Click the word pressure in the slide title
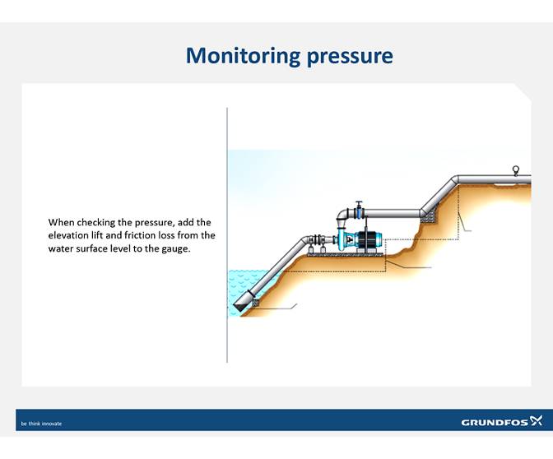point(350,57)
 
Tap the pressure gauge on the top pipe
point(516,170)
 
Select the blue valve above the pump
point(359,206)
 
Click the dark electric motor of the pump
point(368,239)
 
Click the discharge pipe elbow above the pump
point(341,216)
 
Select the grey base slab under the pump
point(346,254)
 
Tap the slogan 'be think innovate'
point(41,424)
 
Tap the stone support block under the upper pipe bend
point(426,214)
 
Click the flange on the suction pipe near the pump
point(312,241)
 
